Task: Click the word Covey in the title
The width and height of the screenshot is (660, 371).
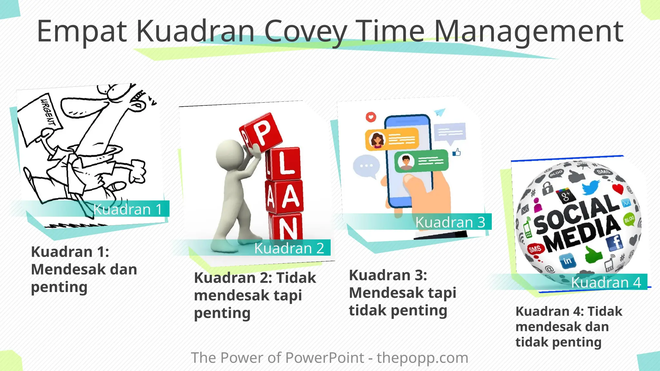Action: click(306, 32)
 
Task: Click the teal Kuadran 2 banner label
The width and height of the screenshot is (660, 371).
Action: click(289, 248)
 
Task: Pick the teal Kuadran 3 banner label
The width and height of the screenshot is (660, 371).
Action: click(450, 222)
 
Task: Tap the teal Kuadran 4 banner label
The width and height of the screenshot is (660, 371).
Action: click(606, 282)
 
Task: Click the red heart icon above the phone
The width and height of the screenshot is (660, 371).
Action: click(371, 117)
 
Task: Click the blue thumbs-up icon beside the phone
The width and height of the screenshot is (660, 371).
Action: click(457, 152)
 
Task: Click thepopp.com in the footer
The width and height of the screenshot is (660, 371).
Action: click(422, 358)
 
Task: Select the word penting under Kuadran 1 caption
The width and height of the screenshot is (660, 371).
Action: click(59, 287)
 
